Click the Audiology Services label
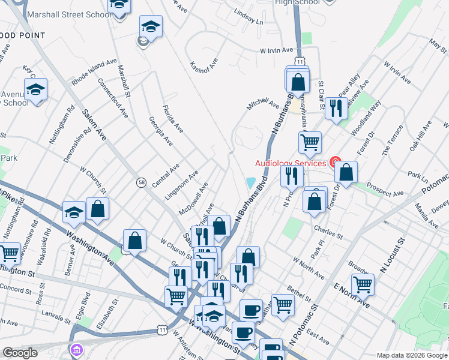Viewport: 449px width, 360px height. point(291,163)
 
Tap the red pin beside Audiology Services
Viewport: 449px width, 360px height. point(335,163)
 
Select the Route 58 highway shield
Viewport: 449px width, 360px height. point(141,182)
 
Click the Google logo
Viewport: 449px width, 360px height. point(20,353)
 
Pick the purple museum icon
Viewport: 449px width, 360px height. point(77,350)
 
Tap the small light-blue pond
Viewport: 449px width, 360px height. point(251,182)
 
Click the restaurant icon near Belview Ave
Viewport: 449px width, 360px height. point(336,108)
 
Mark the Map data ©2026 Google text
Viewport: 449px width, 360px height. point(411,355)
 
